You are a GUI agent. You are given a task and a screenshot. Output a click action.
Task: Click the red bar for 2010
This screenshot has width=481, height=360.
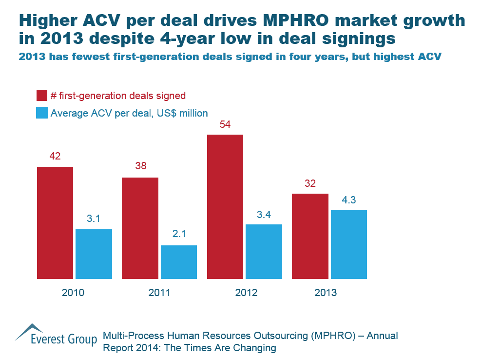tap(55, 223)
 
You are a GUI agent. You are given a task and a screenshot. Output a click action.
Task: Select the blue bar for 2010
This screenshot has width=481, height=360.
tap(94, 254)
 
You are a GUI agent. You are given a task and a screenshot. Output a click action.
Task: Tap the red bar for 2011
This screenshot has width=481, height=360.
tap(140, 228)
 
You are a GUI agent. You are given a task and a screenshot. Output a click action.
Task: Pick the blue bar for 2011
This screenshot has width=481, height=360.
tap(179, 262)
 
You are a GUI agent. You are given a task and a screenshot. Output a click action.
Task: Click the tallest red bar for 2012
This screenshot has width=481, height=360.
tap(225, 207)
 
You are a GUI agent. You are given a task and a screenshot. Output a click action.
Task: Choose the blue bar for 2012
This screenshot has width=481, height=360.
tap(264, 252)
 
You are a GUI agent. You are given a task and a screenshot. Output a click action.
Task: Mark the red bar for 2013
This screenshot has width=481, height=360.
tap(310, 237)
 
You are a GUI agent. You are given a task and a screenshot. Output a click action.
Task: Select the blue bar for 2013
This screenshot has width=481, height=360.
tap(348, 245)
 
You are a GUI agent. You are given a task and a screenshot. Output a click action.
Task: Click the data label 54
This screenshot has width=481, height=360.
tap(225, 124)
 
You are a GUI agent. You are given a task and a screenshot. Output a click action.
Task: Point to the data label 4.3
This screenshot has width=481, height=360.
tap(348, 200)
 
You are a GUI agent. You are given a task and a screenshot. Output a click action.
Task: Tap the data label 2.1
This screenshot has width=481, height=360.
tap(179, 235)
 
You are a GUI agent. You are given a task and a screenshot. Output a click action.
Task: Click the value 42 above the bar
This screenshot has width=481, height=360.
tap(55, 156)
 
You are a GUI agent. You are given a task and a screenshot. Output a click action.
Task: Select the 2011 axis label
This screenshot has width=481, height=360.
tap(159, 293)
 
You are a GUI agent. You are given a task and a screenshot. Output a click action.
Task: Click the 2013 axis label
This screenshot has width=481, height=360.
tap(326, 293)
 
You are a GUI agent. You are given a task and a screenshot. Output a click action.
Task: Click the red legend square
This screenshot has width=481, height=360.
tap(42, 95)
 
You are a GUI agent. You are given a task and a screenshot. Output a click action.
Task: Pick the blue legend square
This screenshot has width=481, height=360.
tap(42, 113)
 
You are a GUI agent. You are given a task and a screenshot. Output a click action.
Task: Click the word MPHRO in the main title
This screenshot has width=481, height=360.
tap(295, 21)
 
